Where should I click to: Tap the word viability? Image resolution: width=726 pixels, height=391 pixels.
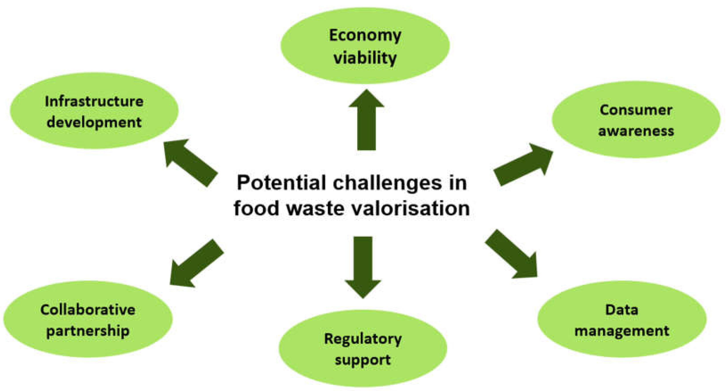pos(365,58)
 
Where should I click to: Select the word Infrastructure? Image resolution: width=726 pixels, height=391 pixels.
pos(94,102)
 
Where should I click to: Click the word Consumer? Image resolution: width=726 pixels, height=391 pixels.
pos(636,110)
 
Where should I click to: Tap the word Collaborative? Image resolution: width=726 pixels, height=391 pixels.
pos(88,310)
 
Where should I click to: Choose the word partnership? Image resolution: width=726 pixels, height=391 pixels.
pos(88,331)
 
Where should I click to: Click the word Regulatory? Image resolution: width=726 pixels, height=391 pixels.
pos(363,339)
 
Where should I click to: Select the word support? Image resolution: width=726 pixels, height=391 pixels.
pos(363,360)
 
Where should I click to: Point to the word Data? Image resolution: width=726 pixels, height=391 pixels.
pos(622,310)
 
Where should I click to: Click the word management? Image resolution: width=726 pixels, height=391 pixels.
pos(622,331)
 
